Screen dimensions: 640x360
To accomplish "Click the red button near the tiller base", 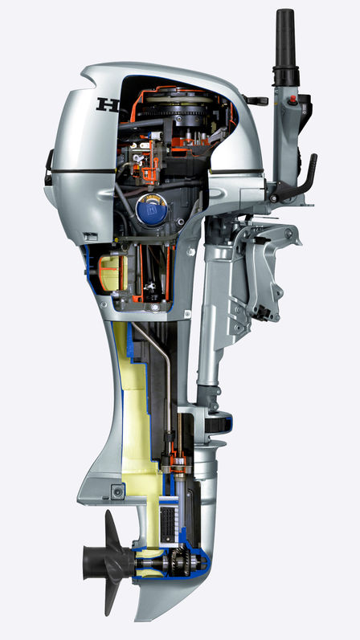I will pyautogui.click(x=293, y=100).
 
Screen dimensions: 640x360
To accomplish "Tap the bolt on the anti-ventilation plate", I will pyautogui.click(x=118, y=491).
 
